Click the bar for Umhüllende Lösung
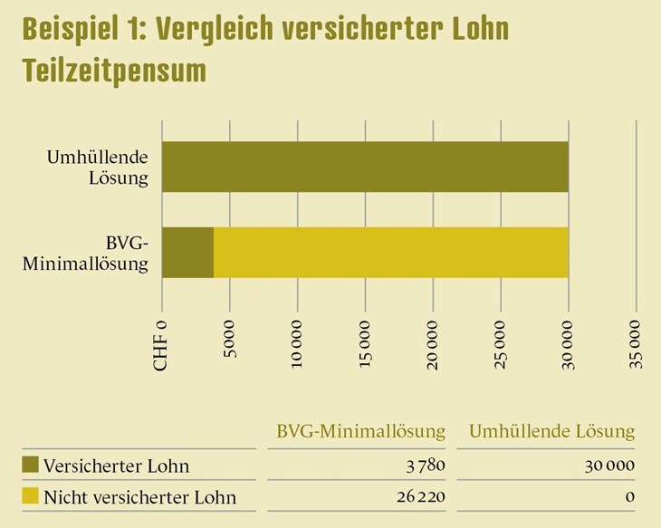[365, 167]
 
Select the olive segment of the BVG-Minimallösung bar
[187, 253]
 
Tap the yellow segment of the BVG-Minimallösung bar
[390, 253]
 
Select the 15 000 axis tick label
[366, 341]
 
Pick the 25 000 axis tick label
[501, 341]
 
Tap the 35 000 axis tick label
[636, 341]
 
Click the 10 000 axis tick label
[298, 341]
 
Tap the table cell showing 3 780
[427, 466]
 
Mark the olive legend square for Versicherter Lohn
[30, 466]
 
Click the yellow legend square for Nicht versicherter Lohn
[30, 496]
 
